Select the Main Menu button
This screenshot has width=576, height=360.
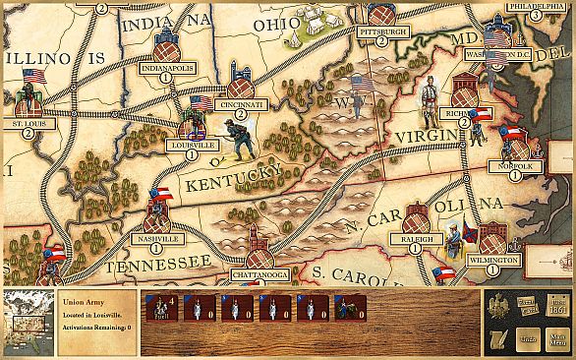click(558, 338)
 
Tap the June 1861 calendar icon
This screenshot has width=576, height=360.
click(558, 306)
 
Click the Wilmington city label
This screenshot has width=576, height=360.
click(492, 261)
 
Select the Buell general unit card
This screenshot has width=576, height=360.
click(160, 308)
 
